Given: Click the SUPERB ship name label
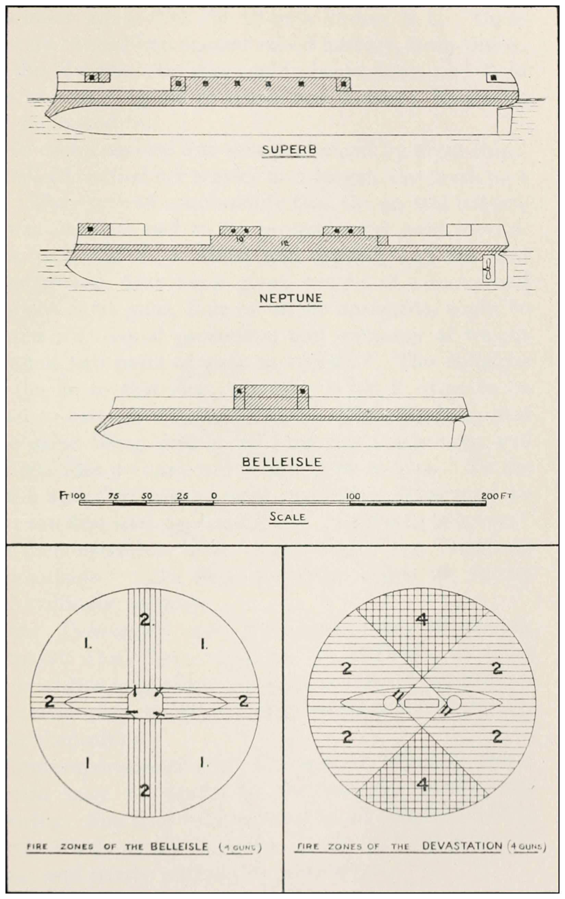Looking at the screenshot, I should click(289, 150).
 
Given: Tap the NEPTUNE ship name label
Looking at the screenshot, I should click(291, 298).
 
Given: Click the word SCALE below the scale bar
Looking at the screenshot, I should click(287, 517).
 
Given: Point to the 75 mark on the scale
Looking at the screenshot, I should click(113, 496).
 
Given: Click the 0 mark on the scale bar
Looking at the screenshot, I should click(214, 496).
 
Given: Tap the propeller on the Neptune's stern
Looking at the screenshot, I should click(487, 269).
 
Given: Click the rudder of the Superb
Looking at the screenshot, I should click(504, 121).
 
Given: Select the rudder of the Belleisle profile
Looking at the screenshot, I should click(458, 433).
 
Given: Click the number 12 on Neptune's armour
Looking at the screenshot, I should click(286, 243).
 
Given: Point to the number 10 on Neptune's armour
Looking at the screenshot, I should click(240, 239).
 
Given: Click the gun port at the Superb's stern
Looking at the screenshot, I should click(494, 78).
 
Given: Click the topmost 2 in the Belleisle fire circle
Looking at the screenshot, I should click(145, 620).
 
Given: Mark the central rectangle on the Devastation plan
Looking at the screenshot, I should click(421, 703).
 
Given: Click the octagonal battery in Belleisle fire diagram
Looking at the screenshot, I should click(145, 702).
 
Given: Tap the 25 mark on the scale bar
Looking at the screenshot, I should click(183, 496).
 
